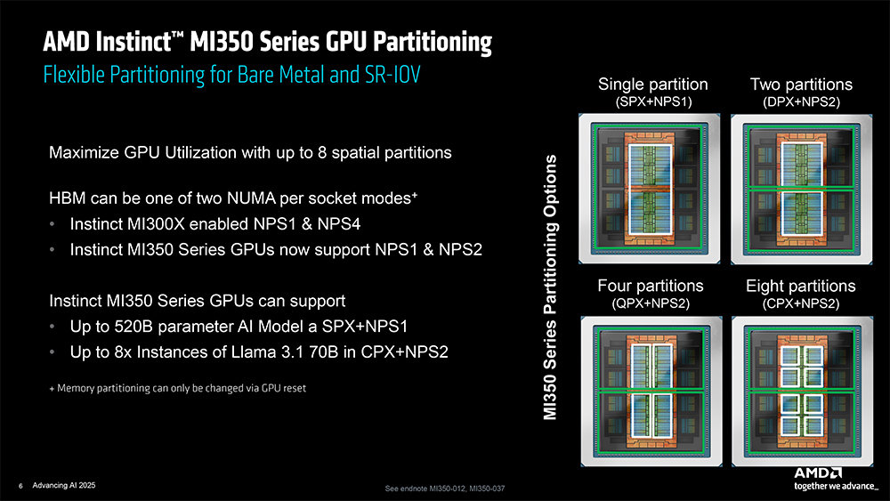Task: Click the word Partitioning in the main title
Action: (432, 43)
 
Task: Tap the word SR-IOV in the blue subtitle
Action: (392, 75)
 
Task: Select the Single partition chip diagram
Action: (650, 189)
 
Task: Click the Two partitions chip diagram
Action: (802, 189)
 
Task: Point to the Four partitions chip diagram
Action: (651, 392)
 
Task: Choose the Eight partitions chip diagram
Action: (802, 392)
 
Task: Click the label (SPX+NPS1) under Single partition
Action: (653, 102)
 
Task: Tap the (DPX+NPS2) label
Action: (802, 102)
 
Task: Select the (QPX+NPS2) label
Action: (651, 303)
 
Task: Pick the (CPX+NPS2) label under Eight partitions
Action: (801, 303)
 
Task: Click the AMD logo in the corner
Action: (818, 473)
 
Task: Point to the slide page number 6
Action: (21, 486)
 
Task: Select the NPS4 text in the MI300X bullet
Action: (339, 223)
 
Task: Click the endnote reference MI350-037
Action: (487, 488)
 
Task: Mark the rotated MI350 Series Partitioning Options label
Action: (549, 287)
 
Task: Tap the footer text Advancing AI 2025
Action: (64, 485)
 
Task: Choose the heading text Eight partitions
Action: (801, 286)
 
